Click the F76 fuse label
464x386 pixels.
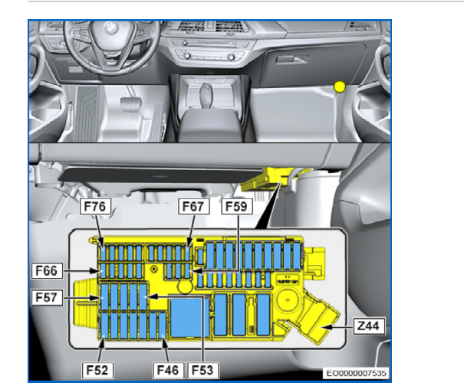click(95, 206)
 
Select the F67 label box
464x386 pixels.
click(194, 206)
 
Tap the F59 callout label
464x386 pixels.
click(237, 206)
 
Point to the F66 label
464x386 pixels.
click(47, 270)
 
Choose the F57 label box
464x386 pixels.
click(47, 297)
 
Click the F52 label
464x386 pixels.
click(97, 370)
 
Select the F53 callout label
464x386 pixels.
click(203, 370)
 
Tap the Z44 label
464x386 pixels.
click(370, 326)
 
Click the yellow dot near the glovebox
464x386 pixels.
click(340, 87)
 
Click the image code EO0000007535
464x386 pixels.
click(356, 373)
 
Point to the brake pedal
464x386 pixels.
click(131, 103)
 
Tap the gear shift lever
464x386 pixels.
click(205, 93)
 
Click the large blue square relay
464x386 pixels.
click(190, 318)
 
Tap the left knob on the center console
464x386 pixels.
click(187, 56)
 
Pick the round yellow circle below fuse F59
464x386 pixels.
click(185, 286)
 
